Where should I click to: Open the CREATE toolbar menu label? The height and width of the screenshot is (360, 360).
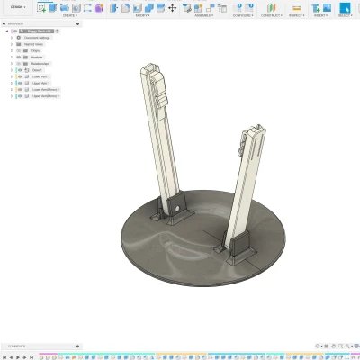click(x=69, y=15)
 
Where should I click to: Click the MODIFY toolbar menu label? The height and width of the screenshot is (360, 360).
click(x=143, y=15)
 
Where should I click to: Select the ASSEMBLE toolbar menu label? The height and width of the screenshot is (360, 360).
click(x=203, y=15)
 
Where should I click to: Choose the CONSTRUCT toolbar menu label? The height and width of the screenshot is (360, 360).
click(x=271, y=15)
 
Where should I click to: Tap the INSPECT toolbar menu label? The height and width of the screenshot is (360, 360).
click(x=296, y=15)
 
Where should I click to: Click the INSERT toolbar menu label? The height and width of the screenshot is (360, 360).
click(x=320, y=15)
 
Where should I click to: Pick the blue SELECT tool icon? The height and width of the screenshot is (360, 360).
click(x=344, y=7)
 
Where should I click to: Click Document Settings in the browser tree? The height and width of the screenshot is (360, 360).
click(x=38, y=38)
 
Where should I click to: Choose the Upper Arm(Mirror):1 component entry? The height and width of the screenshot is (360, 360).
click(x=44, y=96)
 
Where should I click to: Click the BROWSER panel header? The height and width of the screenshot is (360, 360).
click(x=18, y=24)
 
